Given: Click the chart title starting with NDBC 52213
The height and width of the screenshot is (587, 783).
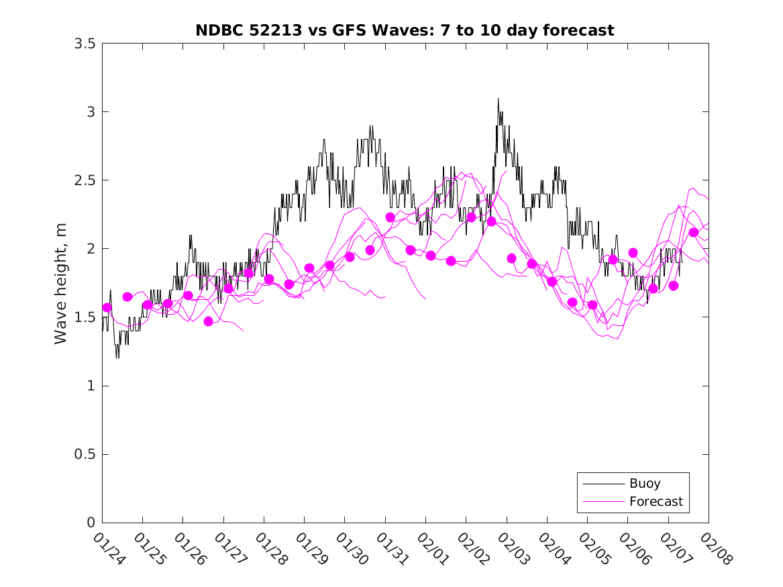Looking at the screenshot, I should point(405,31).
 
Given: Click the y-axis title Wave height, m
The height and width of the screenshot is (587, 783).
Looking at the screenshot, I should point(61,283).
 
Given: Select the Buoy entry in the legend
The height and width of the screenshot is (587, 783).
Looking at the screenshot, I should point(644,483).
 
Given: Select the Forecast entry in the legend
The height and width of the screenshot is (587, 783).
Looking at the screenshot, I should point(656,501).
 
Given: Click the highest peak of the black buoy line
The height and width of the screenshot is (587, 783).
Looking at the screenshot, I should point(498,99).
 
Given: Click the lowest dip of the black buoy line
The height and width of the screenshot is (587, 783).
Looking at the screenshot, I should point(117,358).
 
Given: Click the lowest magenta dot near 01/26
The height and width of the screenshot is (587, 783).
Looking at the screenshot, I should point(208,321).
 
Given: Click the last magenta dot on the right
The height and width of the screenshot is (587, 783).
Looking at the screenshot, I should point(694,233).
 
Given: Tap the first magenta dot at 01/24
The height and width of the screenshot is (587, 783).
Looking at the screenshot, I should point(107,307).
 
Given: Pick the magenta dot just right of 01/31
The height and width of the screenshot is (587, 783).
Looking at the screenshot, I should point(390,217).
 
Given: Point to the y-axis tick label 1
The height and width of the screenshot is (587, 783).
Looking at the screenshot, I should point(89,386).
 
